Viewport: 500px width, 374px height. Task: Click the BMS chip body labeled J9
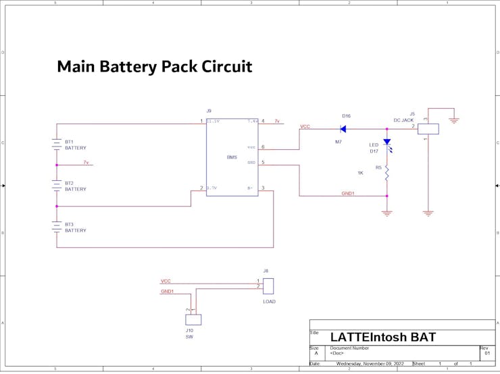tap(232, 157)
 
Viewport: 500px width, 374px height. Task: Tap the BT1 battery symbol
tap(57, 144)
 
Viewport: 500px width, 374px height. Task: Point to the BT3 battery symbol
tap(57, 228)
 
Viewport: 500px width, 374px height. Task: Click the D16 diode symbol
tap(343, 128)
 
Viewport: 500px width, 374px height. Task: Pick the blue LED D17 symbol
tap(387, 143)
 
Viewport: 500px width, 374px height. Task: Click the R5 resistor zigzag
tap(387, 174)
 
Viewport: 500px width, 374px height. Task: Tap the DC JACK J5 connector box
tap(428, 128)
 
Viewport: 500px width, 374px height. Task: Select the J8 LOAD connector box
tap(268, 286)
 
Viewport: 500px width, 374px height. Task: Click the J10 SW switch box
tap(193, 319)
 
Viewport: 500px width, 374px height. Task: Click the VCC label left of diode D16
tap(305, 126)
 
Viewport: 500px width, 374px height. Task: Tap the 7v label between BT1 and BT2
tap(86, 163)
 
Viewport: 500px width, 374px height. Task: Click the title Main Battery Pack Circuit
tap(154, 67)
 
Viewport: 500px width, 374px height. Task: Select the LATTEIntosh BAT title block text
tap(382, 337)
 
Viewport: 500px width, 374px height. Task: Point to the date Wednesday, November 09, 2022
tap(370, 364)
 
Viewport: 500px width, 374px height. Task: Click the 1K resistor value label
tap(360, 173)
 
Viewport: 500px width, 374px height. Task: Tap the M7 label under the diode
tap(339, 142)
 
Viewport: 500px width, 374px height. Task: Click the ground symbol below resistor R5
tap(387, 213)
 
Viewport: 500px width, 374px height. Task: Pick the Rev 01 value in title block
tap(487, 353)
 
